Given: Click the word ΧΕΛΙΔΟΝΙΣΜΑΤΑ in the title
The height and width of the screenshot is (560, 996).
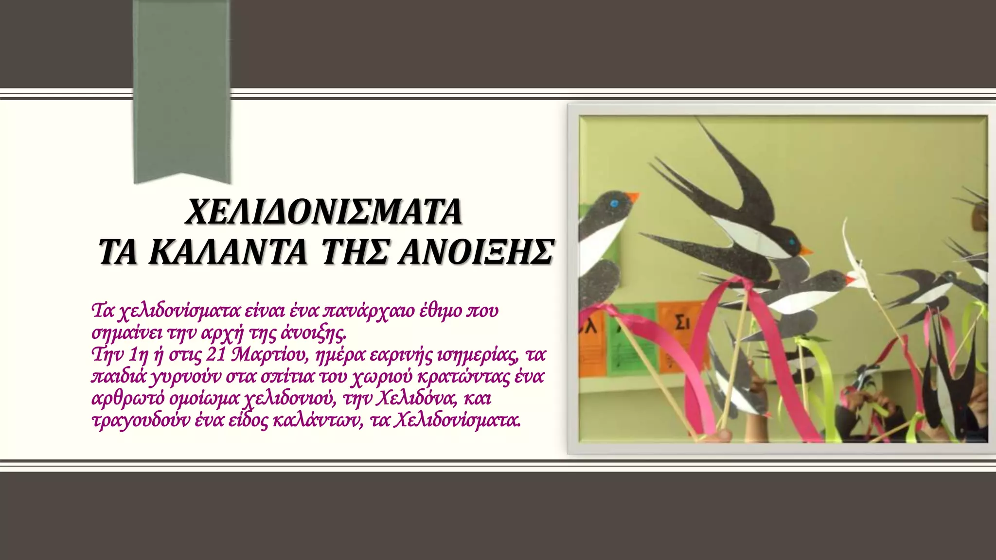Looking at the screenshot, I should (x=323, y=212).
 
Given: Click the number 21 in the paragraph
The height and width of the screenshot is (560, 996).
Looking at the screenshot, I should (x=216, y=355).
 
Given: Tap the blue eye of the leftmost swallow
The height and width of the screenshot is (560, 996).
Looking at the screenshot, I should (x=614, y=202).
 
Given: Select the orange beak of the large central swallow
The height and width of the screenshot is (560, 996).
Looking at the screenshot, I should (x=805, y=251).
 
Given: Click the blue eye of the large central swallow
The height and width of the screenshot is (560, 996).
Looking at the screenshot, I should (x=792, y=242).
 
